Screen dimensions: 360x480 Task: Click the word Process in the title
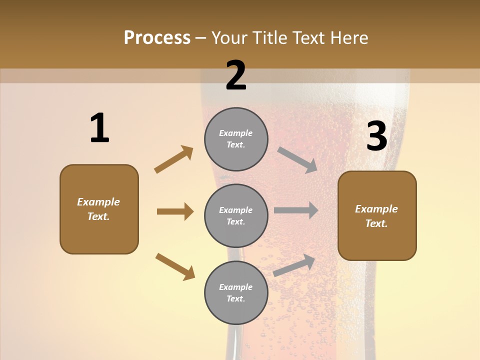click(x=157, y=38)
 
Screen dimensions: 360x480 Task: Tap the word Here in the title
click(x=348, y=38)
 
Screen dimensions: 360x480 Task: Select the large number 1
click(x=99, y=128)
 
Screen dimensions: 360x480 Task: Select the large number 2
click(x=236, y=75)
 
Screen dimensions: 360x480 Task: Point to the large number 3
click(x=376, y=136)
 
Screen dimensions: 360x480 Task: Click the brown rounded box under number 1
click(x=99, y=209)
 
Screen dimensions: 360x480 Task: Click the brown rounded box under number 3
click(x=377, y=216)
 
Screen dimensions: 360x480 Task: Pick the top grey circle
click(x=236, y=139)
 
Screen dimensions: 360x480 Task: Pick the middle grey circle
click(x=236, y=215)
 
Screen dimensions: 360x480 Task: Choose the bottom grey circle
click(x=236, y=292)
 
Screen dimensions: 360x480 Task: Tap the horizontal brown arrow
click(x=175, y=211)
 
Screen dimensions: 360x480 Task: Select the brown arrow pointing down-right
click(x=175, y=267)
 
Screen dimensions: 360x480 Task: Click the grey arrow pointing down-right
click(x=297, y=160)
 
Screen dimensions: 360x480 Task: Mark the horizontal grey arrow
click(x=296, y=210)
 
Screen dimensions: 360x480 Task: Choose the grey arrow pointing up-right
click(x=294, y=265)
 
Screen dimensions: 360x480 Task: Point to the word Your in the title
click(x=229, y=38)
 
